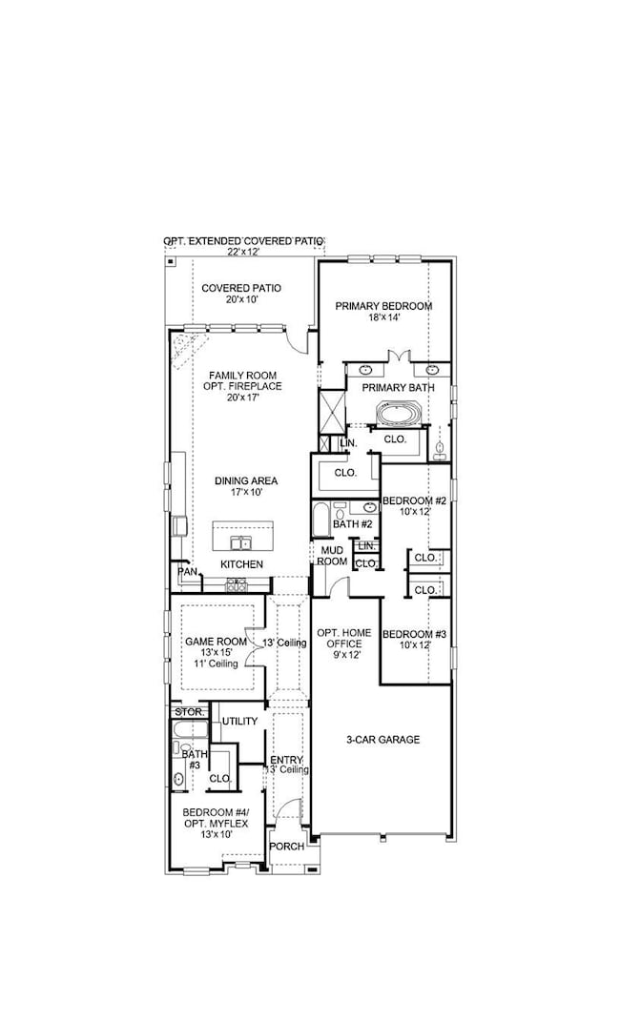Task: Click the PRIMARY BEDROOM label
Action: pyautogui.click(x=383, y=306)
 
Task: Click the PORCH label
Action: pyautogui.click(x=287, y=847)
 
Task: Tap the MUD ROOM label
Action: pyautogui.click(x=333, y=556)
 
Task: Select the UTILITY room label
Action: pyautogui.click(x=238, y=722)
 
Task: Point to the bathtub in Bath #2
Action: pyautogui.click(x=320, y=521)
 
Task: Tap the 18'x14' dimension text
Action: pyautogui.click(x=383, y=318)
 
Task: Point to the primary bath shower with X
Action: pyautogui.click(x=331, y=414)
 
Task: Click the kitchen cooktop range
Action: pyautogui.click(x=236, y=585)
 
